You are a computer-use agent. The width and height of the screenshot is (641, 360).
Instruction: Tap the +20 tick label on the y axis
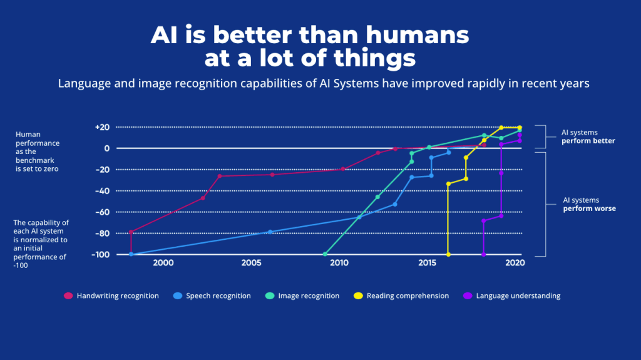(x=102, y=127)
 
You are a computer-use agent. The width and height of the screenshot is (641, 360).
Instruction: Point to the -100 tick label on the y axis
(x=100, y=255)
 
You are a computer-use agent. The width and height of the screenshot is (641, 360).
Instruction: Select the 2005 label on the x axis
(x=252, y=263)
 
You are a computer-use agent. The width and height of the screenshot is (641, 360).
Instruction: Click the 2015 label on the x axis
(x=428, y=263)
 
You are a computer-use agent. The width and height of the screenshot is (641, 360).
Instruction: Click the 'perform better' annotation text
(x=588, y=141)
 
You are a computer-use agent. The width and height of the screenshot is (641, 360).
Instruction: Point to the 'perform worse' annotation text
(x=589, y=208)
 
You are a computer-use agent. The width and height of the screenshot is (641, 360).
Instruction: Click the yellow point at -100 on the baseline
(x=448, y=254)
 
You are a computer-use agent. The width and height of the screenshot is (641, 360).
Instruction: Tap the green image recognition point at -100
(x=325, y=254)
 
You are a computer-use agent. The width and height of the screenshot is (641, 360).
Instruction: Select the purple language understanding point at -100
(x=483, y=254)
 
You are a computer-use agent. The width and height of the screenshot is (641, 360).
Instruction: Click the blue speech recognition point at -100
(x=131, y=254)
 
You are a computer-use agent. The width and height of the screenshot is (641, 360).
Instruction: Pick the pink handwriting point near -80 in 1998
(x=131, y=232)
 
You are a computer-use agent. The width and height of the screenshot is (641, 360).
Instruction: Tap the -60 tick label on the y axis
(x=103, y=212)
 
